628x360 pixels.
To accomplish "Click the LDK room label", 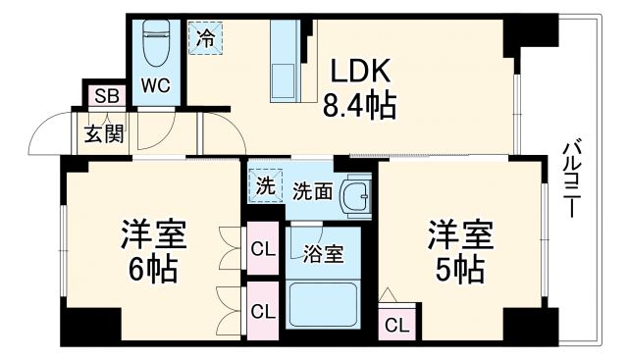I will (359, 70).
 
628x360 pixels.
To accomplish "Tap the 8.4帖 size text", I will (359, 104).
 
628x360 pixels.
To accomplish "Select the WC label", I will (156, 85).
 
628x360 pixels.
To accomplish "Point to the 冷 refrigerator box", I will (205, 39).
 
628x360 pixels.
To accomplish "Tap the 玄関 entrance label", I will (103, 132).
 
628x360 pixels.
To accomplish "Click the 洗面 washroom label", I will (312, 191).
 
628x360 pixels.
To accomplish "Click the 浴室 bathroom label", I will (323, 254).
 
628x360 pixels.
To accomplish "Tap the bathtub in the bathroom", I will (323, 305).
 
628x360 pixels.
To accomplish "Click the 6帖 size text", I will (153, 270).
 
